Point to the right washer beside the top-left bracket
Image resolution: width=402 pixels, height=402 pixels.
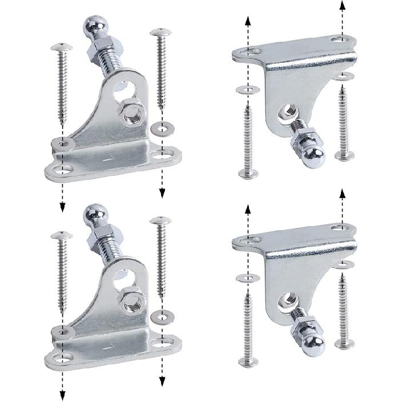[162, 127]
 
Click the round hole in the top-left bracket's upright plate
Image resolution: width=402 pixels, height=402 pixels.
[123, 86]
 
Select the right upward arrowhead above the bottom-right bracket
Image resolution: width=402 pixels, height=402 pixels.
[342, 194]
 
